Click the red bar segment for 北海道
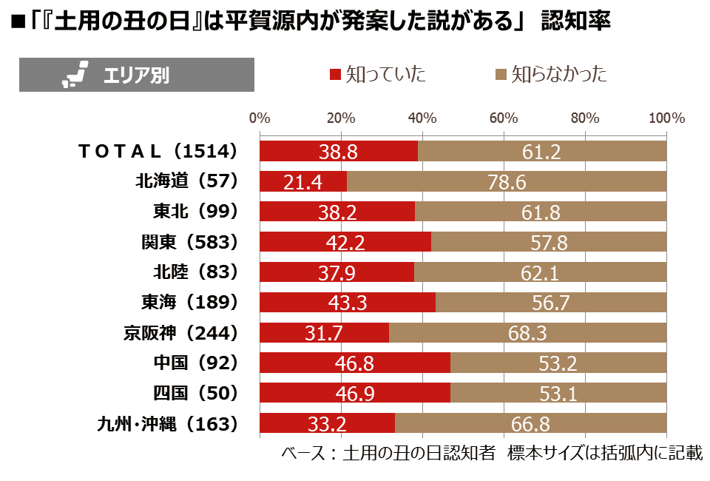303,181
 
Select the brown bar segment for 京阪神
527,333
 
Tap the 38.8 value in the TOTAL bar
338,151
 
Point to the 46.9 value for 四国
355,394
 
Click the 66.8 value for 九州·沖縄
530,424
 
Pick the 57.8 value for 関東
549,242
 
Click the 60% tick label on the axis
504,118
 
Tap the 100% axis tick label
666,118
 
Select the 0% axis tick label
260,118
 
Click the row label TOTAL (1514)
158,151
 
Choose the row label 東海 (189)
190,302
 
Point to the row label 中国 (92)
195,363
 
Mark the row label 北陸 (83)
195,272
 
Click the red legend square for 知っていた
335,74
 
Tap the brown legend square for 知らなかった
501,74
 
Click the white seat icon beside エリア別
75,74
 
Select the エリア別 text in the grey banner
136,75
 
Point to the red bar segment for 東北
337,212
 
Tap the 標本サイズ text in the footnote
546,453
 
